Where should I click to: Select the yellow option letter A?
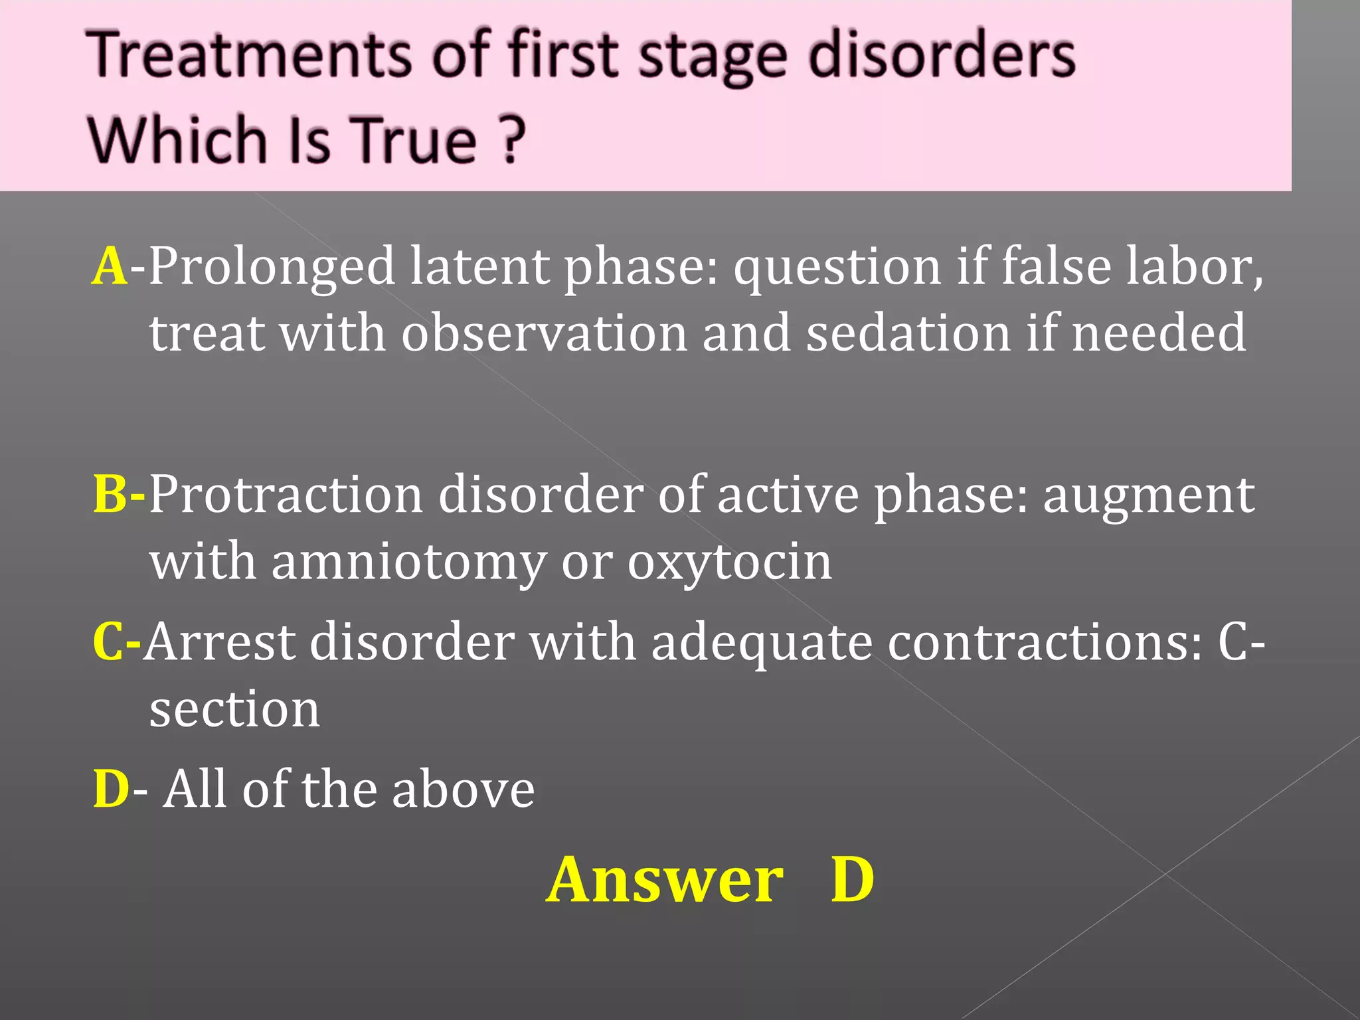110,266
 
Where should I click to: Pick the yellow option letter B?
110,495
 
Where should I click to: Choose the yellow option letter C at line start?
108,642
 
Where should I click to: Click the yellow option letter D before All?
111,790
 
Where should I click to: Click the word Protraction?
286,495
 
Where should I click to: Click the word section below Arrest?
234,710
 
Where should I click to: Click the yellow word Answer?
665,879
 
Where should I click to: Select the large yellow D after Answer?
853,879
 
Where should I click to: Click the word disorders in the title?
941,56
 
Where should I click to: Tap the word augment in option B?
1148,495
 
